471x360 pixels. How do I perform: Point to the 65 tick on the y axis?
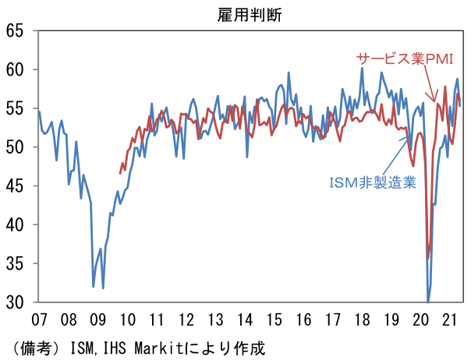(15, 31)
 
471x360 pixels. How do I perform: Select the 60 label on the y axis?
(15, 70)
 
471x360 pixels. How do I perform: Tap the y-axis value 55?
(15, 108)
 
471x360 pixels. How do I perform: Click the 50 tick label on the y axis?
(15, 147)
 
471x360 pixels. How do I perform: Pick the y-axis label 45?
(15, 186)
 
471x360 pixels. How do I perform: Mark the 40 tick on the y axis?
(15, 224)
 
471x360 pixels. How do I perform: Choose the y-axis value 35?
(15, 263)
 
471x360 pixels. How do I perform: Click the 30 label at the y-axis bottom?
(15, 302)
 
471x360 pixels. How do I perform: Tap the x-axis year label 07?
(38, 319)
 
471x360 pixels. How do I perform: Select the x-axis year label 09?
(97, 319)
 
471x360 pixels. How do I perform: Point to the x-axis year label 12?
(186, 319)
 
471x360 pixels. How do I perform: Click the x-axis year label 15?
(274, 319)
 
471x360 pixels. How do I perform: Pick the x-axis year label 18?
(363, 319)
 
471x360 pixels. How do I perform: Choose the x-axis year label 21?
(450, 319)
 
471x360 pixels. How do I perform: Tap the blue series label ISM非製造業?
(372, 182)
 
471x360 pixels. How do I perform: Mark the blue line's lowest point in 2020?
(428, 300)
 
